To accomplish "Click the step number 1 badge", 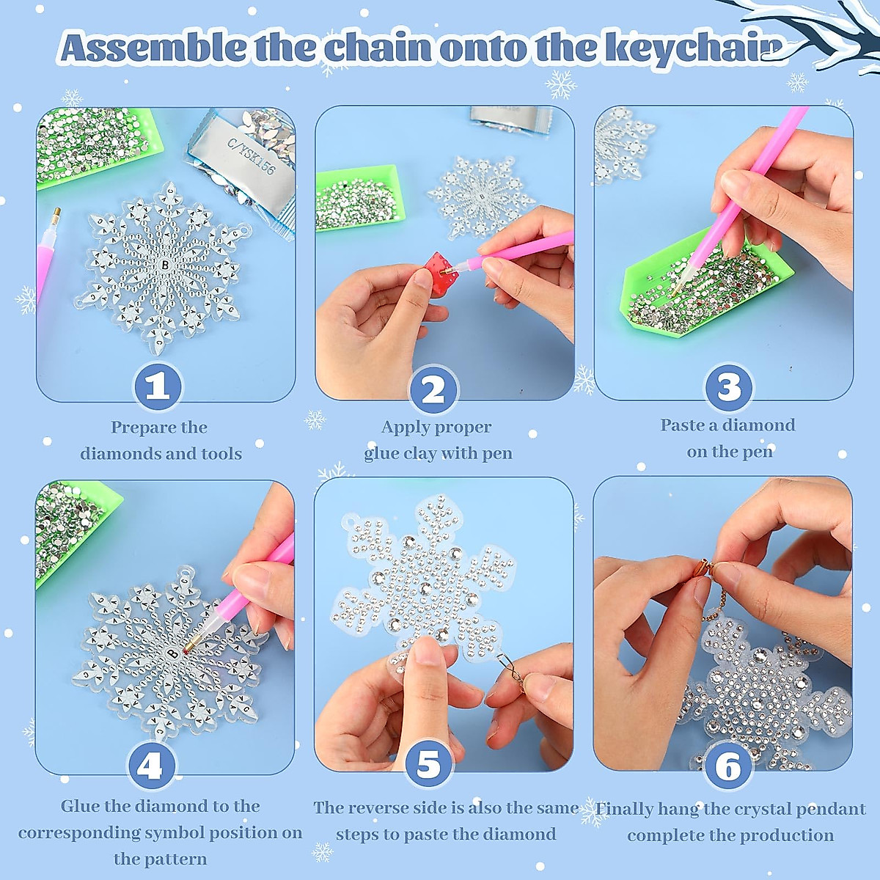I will pos(158,387).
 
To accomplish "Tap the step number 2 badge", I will pos(433,389).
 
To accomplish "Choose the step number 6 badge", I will pos(728,767).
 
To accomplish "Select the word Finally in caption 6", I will pos(623,809).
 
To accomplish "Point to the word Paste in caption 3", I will pos(683,425).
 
